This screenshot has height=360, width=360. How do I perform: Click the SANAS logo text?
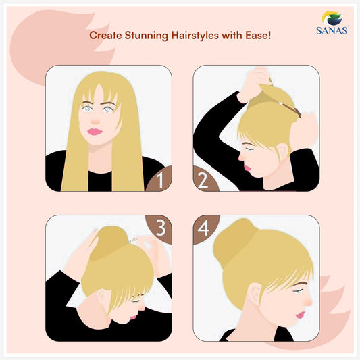[x=332, y=30]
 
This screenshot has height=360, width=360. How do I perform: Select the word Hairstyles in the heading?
[x=195, y=36]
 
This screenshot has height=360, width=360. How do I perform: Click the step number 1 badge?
[x=159, y=179]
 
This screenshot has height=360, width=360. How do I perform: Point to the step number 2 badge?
[x=204, y=180]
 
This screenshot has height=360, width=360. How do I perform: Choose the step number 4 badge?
[x=204, y=228]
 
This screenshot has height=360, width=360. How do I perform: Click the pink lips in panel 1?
[x=95, y=132]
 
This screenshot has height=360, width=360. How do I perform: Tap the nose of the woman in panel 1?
[x=95, y=120]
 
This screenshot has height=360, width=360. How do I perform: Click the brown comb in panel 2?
[x=290, y=109]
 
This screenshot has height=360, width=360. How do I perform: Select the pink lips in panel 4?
[x=301, y=315]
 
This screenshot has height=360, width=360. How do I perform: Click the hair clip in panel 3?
[x=132, y=240]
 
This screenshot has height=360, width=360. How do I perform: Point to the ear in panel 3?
[x=103, y=299]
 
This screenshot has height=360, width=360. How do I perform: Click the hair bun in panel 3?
[x=109, y=243]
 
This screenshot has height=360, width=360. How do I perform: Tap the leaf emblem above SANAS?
[x=332, y=18]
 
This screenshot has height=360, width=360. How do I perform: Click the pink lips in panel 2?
[x=247, y=168]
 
